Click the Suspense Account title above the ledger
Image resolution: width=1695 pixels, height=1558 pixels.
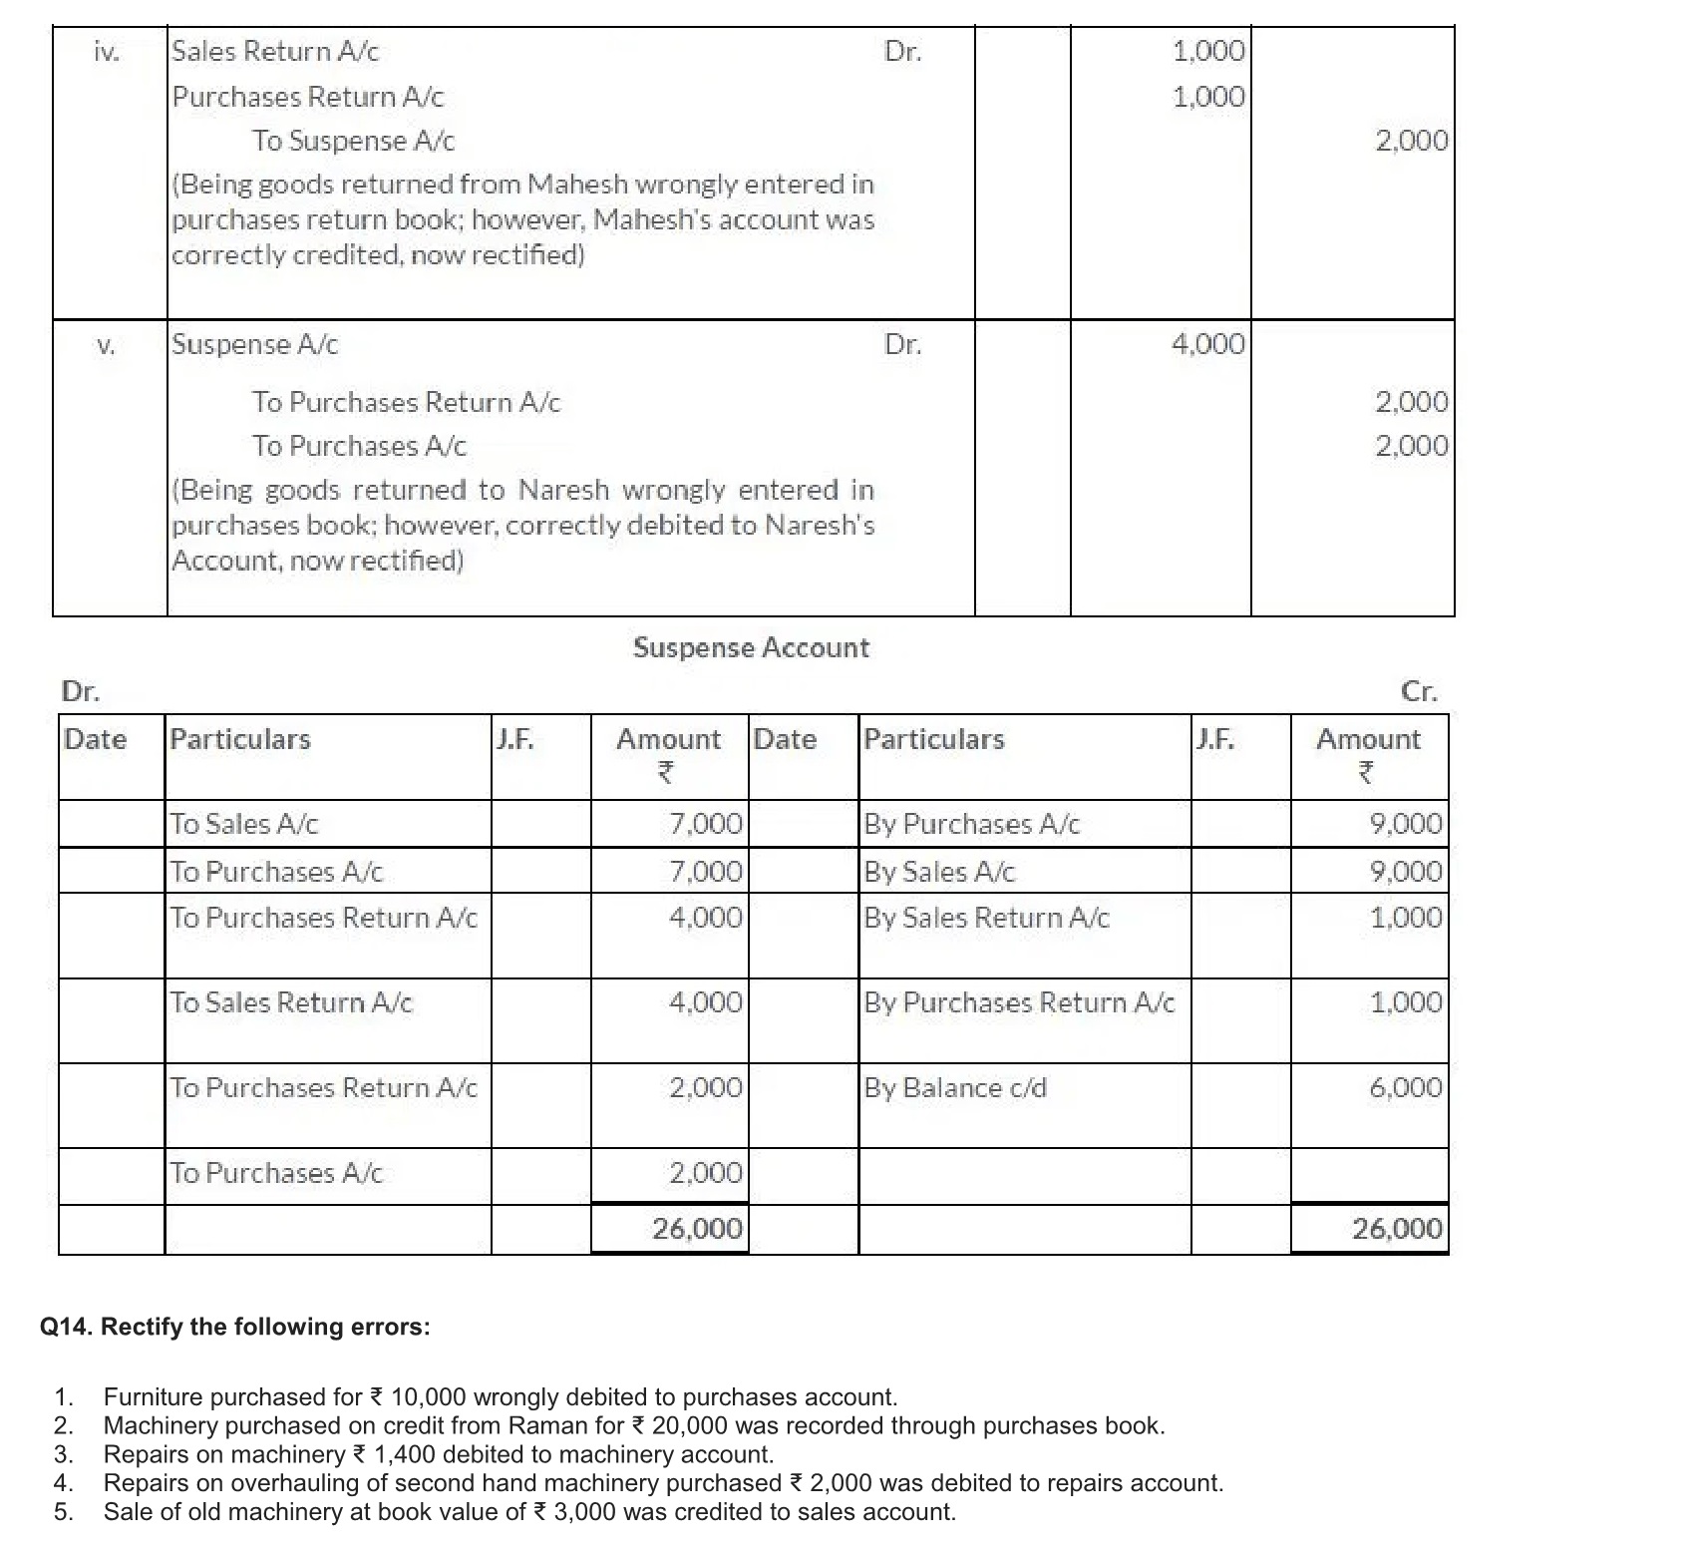click(751, 648)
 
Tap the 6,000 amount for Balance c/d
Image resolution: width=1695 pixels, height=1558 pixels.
click(1406, 1087)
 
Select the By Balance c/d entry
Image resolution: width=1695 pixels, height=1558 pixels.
click(955, 1087)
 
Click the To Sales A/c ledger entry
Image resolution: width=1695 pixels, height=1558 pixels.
click(244, 824)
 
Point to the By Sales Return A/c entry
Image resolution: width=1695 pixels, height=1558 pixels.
click(986, 918)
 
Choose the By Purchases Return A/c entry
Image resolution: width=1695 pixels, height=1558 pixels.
click(1019, 1002)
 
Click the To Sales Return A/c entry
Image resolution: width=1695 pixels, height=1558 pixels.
click(291, 1002)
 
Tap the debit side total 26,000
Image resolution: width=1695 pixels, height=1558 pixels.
click(698, 1229)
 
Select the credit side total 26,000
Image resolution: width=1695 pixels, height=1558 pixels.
click(1397, 1229)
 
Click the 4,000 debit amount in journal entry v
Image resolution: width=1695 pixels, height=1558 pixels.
click(1208, 345)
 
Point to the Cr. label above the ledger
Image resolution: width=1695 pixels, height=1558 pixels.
click(1419, 692)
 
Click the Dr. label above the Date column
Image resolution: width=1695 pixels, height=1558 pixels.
click(80, 691)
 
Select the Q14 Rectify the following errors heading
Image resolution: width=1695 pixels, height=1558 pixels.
click(235, 1327)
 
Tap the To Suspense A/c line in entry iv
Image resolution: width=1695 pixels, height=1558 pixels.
click(353, 142)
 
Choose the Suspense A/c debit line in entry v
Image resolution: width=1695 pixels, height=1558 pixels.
click(255, 345)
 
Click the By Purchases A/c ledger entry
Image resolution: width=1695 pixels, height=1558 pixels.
click(971, 824)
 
